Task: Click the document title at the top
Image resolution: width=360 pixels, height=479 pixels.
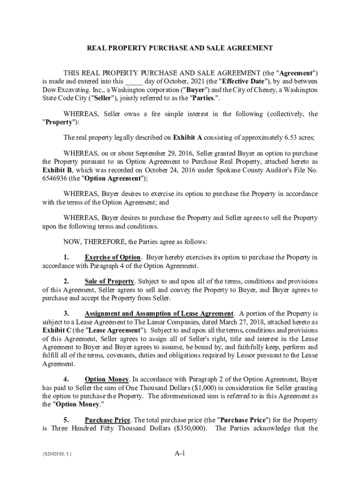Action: click(180, 48)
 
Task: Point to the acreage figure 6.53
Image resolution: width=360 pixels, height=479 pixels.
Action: click(291, 138)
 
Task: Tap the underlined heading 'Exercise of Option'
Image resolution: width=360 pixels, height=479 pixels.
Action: click(112, 257)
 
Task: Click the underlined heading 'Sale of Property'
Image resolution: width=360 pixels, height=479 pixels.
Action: click(109, 282)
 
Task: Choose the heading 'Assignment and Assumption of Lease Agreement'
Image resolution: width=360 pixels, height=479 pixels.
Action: click(159, 313)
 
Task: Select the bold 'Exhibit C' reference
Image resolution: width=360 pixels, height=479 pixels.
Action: click(56, 330)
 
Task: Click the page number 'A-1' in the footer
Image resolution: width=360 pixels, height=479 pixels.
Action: click(180, 453)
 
